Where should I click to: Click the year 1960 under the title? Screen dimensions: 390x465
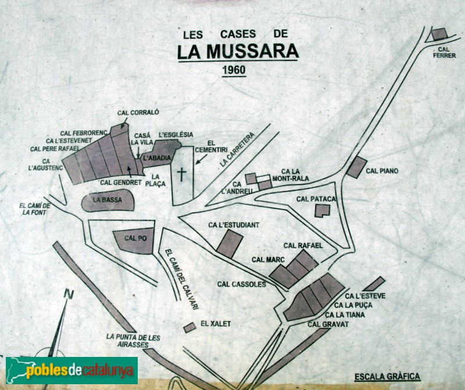tap(234, 70)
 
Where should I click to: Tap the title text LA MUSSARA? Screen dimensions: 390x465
tap(238, 51)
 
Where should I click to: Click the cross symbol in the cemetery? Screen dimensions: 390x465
tap(181, 174)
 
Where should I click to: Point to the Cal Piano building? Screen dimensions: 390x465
tap(356, 167)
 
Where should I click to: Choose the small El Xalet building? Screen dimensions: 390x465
tap(189, 327)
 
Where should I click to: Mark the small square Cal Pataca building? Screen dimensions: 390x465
tap(321, 211)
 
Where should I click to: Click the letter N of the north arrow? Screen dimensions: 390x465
tap(69, 294)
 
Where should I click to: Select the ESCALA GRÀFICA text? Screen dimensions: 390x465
tap(387, 376)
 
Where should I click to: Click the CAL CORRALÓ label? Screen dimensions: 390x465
tap(138, 114)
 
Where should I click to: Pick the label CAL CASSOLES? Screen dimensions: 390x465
tap(241, 284)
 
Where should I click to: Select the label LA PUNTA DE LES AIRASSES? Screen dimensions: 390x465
tap(133, 340)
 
